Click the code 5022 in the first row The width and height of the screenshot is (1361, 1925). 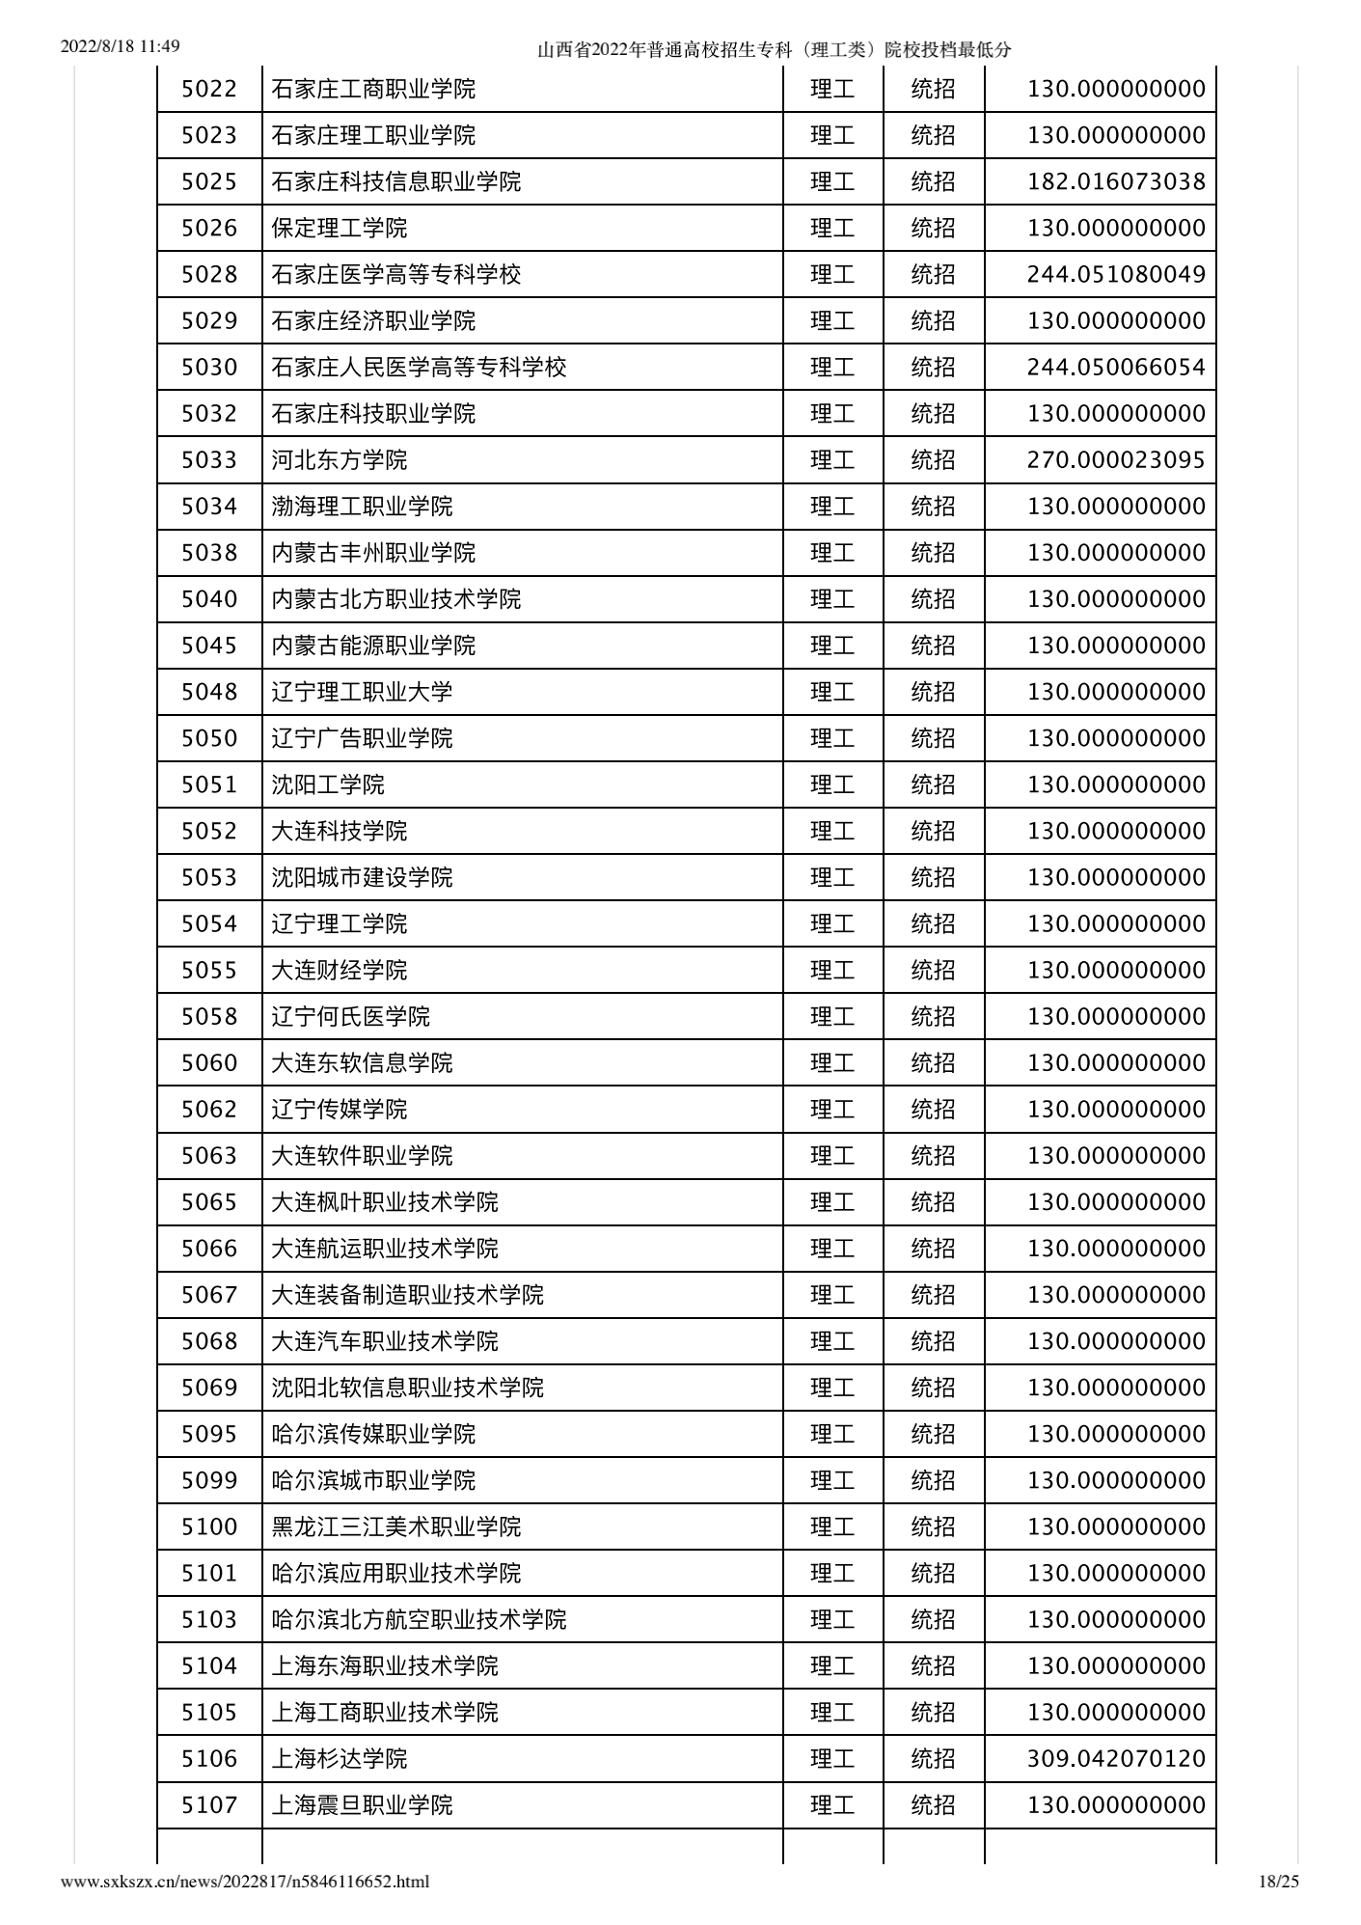(x=209, y=90)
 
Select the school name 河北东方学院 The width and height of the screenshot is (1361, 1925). (x=339, y=460)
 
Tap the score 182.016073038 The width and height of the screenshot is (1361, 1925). (x=1116, y=182)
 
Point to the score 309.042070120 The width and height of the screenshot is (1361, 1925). (x=1116, y=1759)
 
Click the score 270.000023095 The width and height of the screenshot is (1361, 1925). (x=1116, y=460)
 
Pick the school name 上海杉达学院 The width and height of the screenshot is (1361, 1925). (x=339, y=1759)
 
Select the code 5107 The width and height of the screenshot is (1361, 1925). (x=209, y=1805)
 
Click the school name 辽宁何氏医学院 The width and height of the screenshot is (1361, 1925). (x=350, y=1017)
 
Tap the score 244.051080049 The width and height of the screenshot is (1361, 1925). (x=1116, y=275)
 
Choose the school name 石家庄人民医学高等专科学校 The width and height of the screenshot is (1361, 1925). (x=419, y=368)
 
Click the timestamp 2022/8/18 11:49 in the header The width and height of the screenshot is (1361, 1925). (x=121, y=46)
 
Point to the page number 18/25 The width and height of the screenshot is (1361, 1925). (x=1279, y=1881)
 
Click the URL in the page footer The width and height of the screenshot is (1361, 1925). (x=245, y=1881)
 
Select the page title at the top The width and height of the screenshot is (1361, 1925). (x=775, y=49)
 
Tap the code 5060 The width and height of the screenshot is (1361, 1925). (x=209, y=1063)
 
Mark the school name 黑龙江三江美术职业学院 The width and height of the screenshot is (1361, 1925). (x=395, y=1527)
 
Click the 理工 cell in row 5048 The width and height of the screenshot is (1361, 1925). (x=832, y=692)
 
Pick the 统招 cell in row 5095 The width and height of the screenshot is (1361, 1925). (x=933, y=1434)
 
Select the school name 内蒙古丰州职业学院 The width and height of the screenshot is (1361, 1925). (x=373, y=553)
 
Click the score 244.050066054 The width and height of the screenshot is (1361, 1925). (x=1116, y=368)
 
